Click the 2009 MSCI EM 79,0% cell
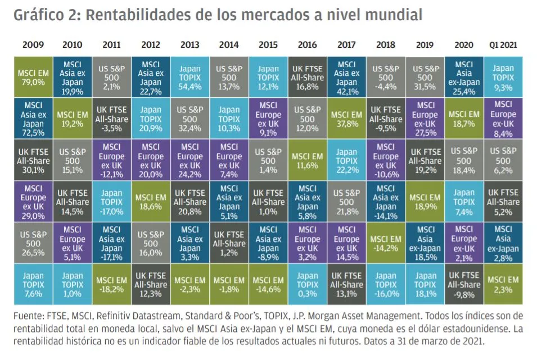coord(33,76)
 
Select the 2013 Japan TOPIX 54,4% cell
coord(189,76)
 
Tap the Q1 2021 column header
coord(503,45)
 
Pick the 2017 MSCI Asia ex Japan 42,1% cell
coord(346,76)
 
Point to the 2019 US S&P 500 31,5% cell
coord(425,76)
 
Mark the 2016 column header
coord(307,45)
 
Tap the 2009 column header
coord(33,45)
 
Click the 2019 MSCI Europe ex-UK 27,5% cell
coord(425,118)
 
